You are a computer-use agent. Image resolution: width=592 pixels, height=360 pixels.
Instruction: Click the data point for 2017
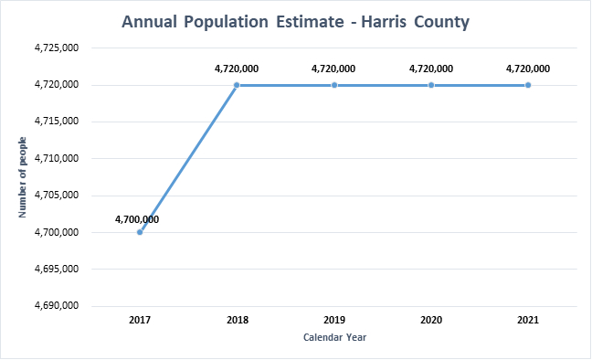(140, 232)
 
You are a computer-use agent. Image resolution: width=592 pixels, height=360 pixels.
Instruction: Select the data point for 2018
(237, 85)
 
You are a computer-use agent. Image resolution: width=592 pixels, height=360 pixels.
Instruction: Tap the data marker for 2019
(334, 85)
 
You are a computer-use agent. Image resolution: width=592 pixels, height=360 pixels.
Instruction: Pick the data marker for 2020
(431, 85)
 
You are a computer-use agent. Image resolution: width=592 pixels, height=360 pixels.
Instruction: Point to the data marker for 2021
(528, 85)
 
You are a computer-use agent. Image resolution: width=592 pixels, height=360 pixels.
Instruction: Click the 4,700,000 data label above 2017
(137, 219)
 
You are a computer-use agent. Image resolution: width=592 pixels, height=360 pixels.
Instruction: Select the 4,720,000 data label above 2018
(237, 68)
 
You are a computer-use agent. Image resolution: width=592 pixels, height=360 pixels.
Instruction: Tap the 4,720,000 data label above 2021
(528, 68)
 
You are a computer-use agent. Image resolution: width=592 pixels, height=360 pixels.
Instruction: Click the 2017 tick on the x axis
(140, 321)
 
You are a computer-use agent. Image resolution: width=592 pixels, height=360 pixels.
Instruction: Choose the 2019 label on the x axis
(334, 321)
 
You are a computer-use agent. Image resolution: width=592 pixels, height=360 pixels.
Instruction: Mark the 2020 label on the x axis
(431, 321)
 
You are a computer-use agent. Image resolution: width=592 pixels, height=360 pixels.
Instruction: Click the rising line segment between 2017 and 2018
(188, 159)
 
